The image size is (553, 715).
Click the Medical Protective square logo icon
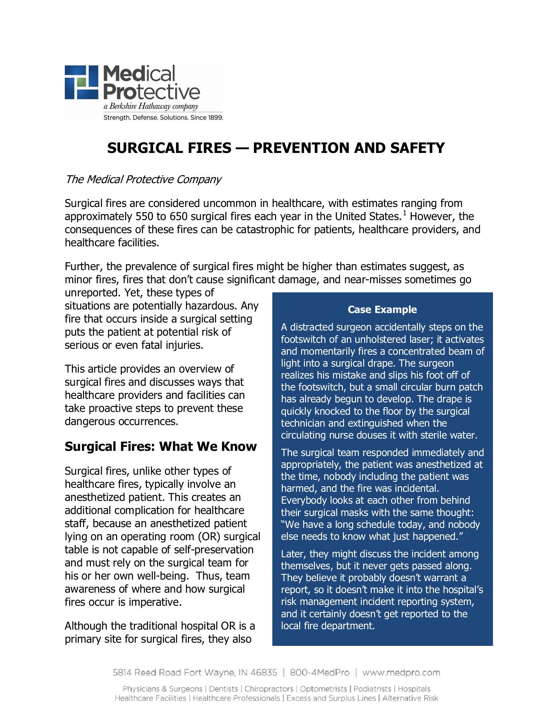coord(81,82)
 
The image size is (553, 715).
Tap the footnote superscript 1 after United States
coord(404,213)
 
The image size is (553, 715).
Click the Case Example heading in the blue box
coord(382,309)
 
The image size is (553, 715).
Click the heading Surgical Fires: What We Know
coord(161,446)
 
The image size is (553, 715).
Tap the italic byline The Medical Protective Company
coord(143,180)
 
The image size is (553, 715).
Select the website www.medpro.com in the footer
coord(401,672)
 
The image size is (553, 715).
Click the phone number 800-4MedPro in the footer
coord(320,672)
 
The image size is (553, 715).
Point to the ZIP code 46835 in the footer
coord(264,672)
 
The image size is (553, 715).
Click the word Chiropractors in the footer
coord(269,689)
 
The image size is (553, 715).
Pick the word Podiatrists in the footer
coord(372,689)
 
